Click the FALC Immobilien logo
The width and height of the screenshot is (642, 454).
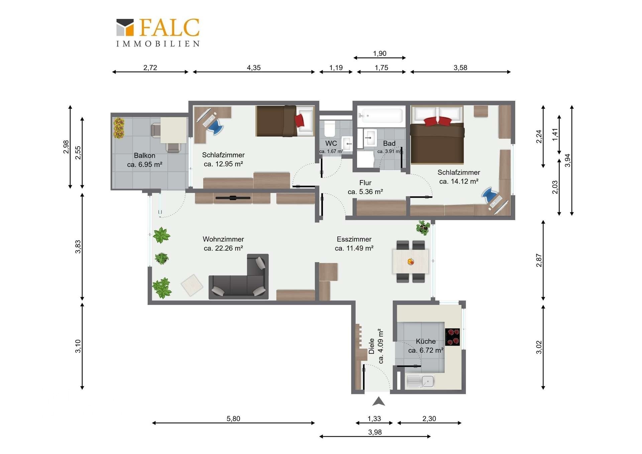click(x=158, y=32)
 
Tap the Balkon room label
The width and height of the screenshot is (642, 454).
click(x=144, y=156)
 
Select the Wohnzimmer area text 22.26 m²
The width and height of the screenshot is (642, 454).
click(x=223, y=248)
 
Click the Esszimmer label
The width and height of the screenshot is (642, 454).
click(x=354, y=239)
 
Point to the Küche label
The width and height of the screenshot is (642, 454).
click(x=426, y=341)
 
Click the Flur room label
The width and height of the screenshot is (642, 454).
click(x=365, y=183)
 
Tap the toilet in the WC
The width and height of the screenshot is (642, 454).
click(x=330, y=129)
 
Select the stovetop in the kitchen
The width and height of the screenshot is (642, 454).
click(x=452, y=337)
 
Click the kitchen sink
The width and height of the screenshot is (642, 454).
click(x=420, y=381)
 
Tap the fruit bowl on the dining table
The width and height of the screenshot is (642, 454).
click(x=411, y=262)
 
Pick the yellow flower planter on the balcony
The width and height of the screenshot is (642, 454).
click(x=119, y=128)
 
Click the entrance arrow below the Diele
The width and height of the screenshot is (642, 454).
click(x=379, y=401)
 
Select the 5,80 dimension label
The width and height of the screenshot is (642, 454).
click(x=233, y=419)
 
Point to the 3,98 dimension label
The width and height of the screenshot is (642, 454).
click(x=375, y=432)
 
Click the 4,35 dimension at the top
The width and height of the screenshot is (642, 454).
click(x=254, y=68)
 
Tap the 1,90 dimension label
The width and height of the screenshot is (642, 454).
click(x=380, y=54)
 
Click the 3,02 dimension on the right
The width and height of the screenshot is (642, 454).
click(x=539, y=347)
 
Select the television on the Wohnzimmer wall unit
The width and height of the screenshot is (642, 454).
click(x=233, y=198)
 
